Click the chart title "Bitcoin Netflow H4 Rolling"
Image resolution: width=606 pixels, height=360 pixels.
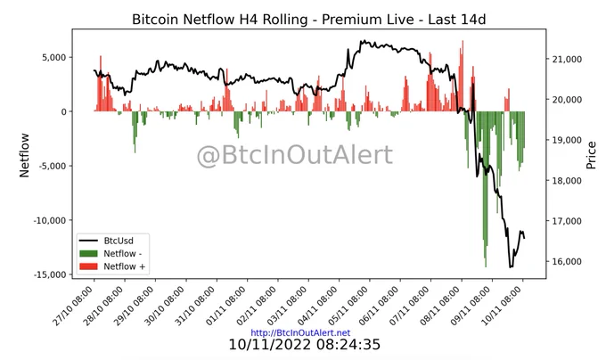point(219,19)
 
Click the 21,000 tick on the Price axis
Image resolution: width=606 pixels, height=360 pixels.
point(565,59)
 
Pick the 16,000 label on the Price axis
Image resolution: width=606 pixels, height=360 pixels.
point(565,261)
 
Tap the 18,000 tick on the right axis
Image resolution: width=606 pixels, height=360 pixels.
point(565,180)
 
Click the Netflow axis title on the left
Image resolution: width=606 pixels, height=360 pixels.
point(24,155)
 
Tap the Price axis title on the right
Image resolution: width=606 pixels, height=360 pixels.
point(591,155)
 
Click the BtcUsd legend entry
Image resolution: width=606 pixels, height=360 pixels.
point(106,241)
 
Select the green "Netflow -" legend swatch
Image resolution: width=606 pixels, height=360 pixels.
point(88,254)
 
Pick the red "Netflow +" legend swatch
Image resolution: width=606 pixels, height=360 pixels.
point(88,266)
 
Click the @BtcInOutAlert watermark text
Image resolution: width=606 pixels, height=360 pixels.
point(295,155)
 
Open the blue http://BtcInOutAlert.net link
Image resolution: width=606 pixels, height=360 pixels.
point(300,333)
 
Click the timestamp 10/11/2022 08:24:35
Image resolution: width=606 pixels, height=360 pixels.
point(305,344)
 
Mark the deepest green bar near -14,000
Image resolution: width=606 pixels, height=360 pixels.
point(486,189)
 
